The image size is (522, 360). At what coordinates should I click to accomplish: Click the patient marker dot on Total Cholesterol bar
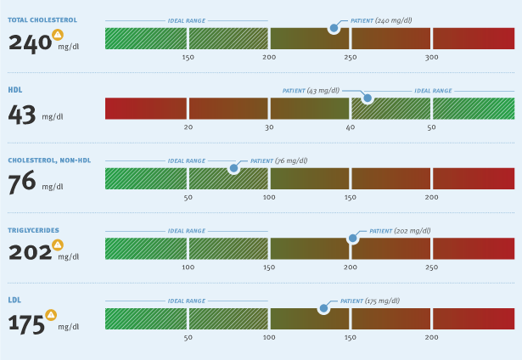click(x=334, y=28)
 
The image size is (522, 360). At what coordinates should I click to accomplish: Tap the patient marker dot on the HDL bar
click(x=368, y=98)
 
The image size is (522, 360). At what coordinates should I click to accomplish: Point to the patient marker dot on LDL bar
click(x=323, y=308)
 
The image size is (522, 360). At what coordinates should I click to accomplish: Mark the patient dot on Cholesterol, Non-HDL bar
click(x=233, y=168)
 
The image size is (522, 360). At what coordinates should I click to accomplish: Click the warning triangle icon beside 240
click(x=58, y=35)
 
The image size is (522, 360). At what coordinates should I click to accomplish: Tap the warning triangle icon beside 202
click(x=58, y=245)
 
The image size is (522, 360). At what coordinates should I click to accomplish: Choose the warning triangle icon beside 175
click(x=51, y=315)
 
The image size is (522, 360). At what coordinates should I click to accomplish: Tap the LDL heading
click(x=14, y=300)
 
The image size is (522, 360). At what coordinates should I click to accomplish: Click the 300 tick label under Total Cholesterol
click(x=431, y=57)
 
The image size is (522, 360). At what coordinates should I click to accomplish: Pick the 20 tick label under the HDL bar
click(x=188, y=127)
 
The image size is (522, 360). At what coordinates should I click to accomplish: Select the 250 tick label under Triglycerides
click(x=431, y=267)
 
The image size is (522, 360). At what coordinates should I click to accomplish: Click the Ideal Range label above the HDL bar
click(x=433, y=89)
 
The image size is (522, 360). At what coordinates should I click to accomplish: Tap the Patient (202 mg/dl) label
click(x=400, y=230)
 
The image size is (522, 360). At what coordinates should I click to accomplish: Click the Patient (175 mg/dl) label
click(x=370, y=301)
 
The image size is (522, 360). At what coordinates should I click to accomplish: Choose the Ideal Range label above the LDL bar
click(x=187, y=301)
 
